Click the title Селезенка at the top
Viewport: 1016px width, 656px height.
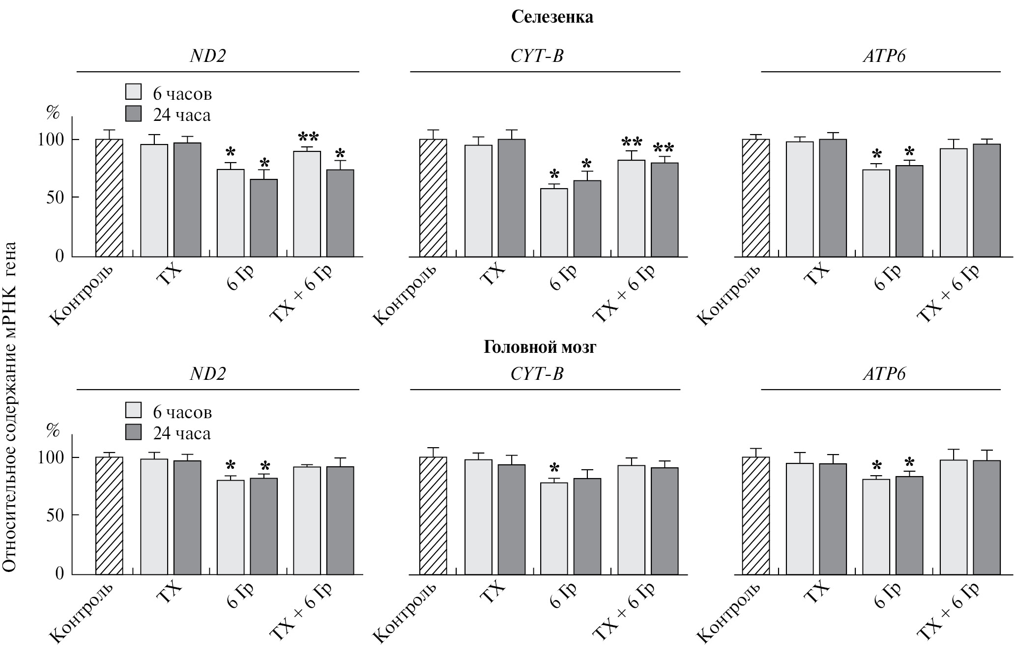click(x=552, y=17)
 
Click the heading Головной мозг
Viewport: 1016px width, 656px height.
click(x=540, y=347)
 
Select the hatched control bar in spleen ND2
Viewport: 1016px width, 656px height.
click(x=109, y=198)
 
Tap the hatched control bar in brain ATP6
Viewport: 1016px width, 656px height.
click(x=755, y=515)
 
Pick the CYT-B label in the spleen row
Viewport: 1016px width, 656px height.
click(x=537, y=56)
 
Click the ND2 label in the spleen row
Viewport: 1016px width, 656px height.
click(x=207, y=56)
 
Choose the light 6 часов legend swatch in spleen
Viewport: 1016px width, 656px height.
click(x=133, y=92)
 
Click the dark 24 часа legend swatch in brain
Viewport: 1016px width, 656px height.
click(x=133, y=432)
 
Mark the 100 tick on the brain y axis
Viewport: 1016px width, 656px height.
click(x=51, y=457)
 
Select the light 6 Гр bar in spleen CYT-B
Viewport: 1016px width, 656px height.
click(x=554, y=222)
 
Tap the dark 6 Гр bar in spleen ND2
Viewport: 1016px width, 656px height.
click(x=263, y=218)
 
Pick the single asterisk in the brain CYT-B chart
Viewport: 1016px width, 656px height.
click(x=554, y=467)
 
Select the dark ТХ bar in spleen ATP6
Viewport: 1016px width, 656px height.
click(x=833, y=198)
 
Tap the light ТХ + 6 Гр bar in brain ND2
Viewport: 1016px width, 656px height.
click(x=307, y=520)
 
